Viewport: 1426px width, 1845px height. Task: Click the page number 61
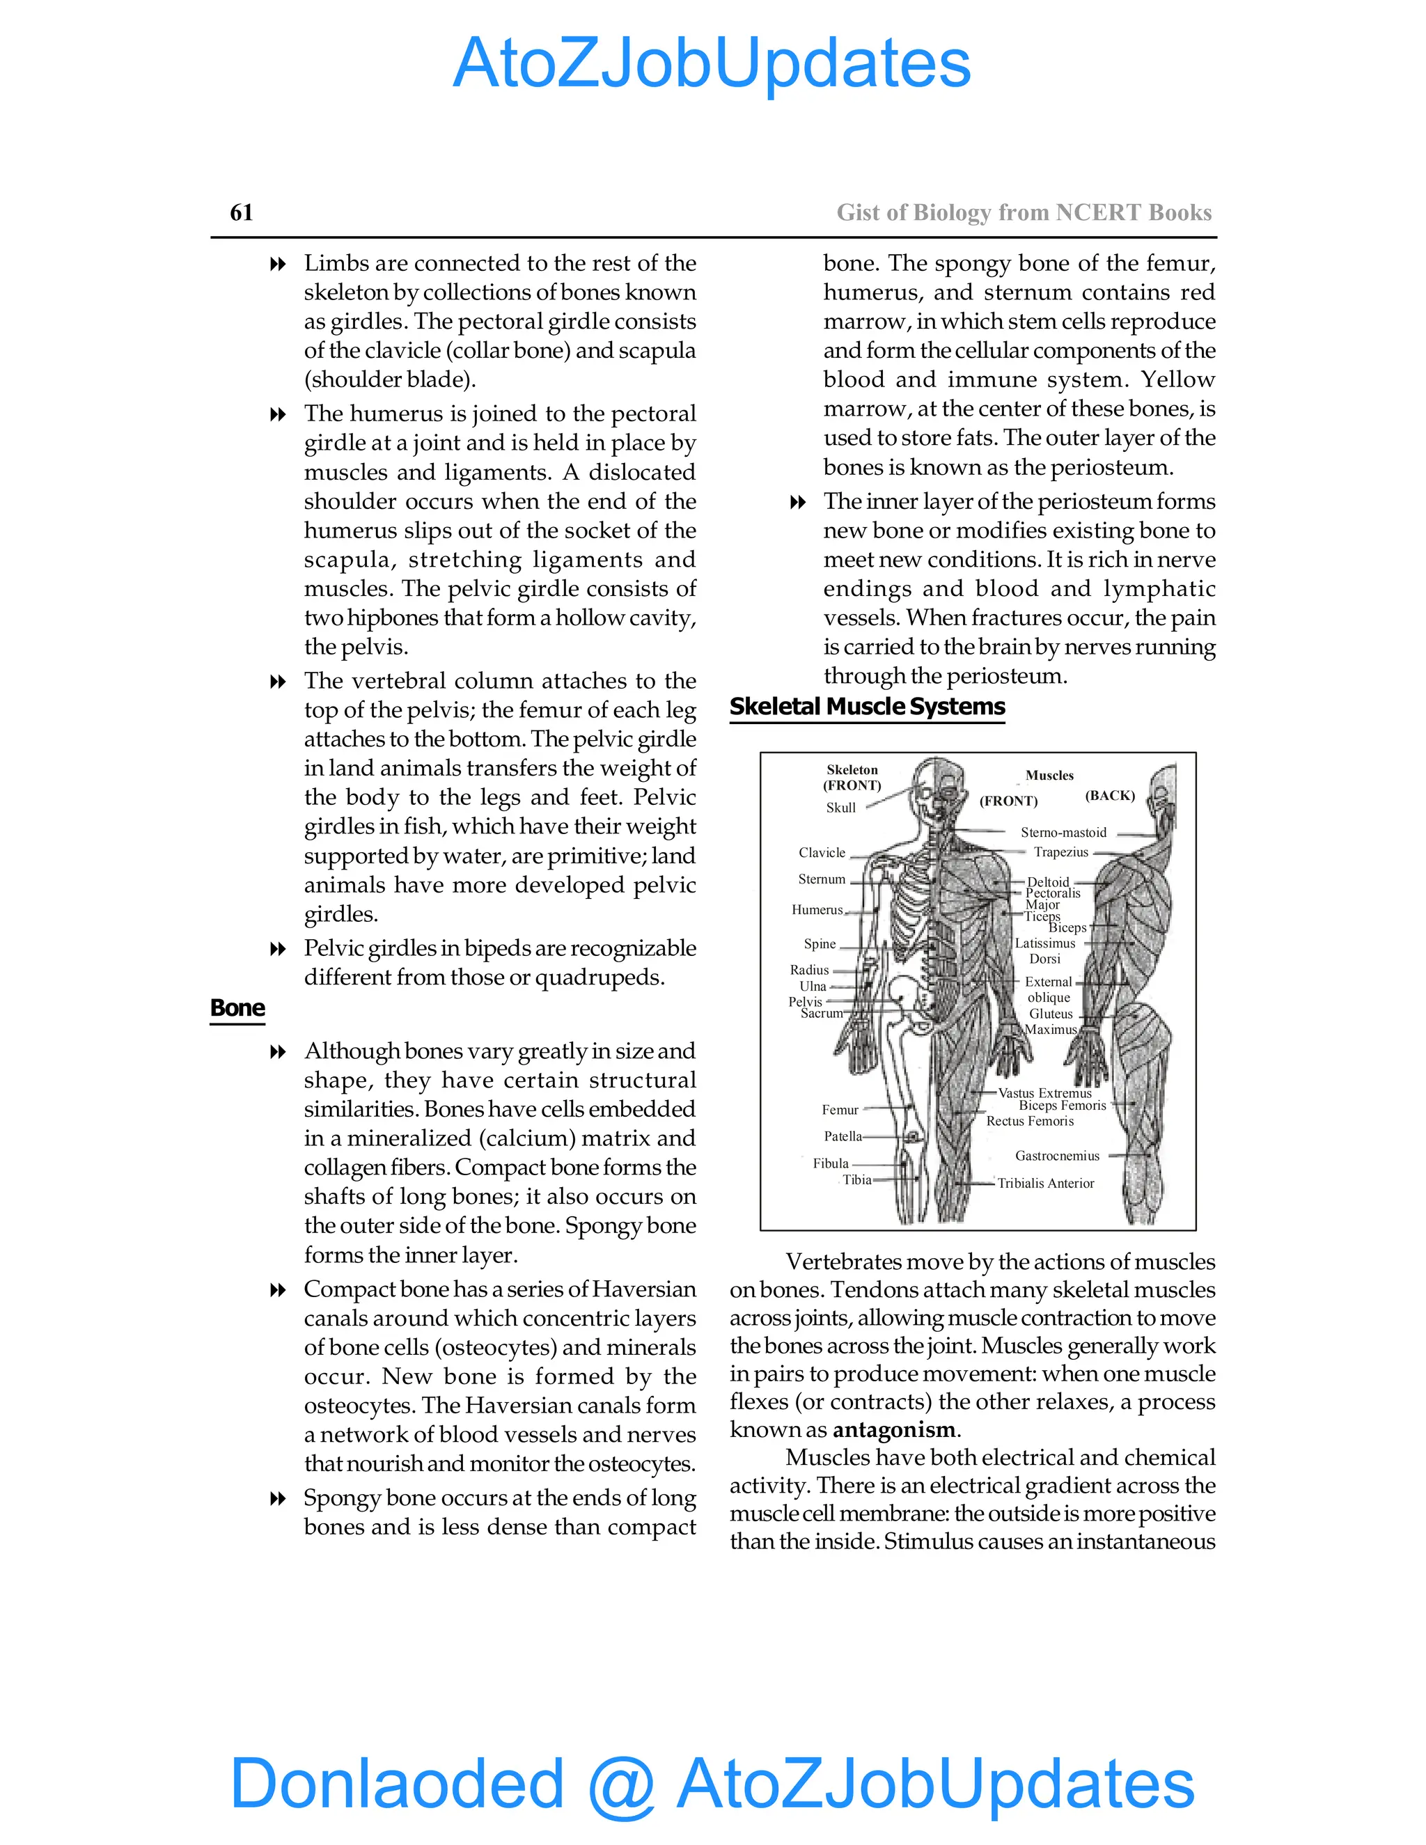(x=242, y=212)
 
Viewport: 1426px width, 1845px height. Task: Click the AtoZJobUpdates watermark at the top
(x=712, y=63)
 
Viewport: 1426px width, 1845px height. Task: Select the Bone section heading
(x=237, y=1008)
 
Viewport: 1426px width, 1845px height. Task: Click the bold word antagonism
(x=895, y=1429)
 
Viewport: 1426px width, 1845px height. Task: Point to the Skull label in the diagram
(x=840, y=808)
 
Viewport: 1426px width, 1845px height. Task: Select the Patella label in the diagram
(x=843, y=1136)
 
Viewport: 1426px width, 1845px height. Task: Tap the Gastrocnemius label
(x=1057, y=1156)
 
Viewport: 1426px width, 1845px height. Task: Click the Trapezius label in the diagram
(x=1061, y=851)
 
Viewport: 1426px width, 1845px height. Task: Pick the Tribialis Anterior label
(x=1045, y=1184)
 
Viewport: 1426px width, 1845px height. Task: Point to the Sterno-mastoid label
(x=1063, y=832)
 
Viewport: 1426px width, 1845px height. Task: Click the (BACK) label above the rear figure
(x=1109, y=795)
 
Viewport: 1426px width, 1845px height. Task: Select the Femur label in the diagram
(x=840, y=1110)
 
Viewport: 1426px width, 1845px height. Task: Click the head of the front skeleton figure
(x=938, y=790)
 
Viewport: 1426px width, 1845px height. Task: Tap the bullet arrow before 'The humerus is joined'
(x=278, y=414)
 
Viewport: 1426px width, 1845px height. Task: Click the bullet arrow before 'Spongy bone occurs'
(x=278, y=1499)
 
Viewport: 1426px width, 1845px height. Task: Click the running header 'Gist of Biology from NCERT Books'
(x=1024, y=213)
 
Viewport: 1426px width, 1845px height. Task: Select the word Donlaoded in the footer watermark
(x=396, y=1782)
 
